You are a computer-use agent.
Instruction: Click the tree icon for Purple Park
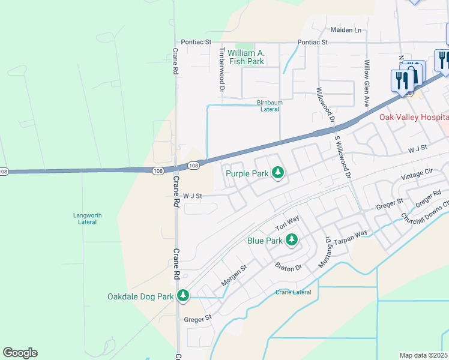click(x=277, y=174)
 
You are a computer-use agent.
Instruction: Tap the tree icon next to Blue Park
click(x=291, y=241)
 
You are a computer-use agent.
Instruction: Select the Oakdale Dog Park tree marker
click(x=183, y=296)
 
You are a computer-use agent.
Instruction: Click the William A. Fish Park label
click(x=242, y=57)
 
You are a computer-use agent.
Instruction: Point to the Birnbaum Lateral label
click(x=269, y=106)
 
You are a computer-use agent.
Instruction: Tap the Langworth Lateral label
click(x=88, y=218)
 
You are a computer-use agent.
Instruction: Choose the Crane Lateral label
click(x=294, y=292)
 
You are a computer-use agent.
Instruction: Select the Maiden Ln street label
click(x=346, y=29)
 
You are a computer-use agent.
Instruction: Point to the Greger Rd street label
click(x=428, y=196)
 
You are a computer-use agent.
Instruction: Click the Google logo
click(x=20, y=353)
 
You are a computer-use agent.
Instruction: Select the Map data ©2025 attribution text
click(x=423, y=355)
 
